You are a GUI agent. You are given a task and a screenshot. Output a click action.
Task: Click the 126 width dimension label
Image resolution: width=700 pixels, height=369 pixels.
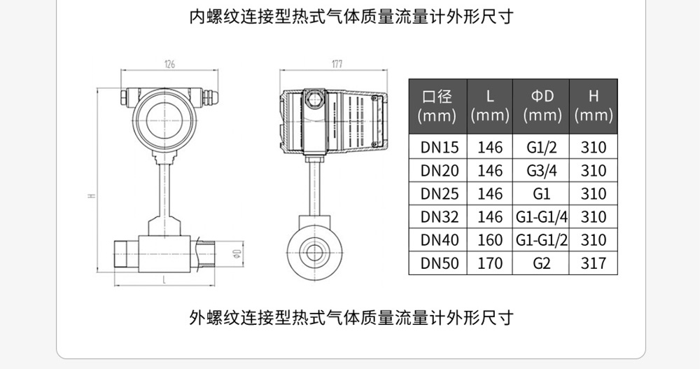pyautogui.click(x=169, y=64)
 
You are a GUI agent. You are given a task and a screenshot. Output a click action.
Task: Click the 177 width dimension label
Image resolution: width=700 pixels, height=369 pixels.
pyautogui.click(x=336, y=64)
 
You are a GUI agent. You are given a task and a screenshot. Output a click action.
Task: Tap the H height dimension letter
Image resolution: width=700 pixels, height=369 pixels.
pyautogui.click(x=90, y=195)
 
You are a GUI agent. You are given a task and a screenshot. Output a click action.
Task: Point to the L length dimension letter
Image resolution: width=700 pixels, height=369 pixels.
pyautogui.click(x=164, y=279)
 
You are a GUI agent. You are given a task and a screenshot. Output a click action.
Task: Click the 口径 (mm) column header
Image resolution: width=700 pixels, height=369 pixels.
pyautogui.click(x=436, y=106)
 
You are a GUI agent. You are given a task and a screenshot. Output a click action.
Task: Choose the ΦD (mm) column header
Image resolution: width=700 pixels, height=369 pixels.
pyautogui.click(x=542, y=106)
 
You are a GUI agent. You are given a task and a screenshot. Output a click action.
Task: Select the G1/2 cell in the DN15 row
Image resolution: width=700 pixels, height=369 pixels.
pyautogui.click(x=542, y=148)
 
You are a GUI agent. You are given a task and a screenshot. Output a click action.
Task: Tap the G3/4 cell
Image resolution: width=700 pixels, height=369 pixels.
pyautogui.click(x=542, y=171)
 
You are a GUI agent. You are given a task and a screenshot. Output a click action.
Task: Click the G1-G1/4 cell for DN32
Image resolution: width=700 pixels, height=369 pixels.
pyautogui.click(x=542, y=217)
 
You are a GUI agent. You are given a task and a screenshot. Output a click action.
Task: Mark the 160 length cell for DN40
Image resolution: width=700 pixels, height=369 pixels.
pyautogui.click(x=490, y=240)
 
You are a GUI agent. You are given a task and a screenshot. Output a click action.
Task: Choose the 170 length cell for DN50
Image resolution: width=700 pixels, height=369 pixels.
pyautogui.click(x=490, y=263)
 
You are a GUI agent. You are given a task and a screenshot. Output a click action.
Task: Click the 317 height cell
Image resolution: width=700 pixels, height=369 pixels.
pyautogui.click(x=594, y=263)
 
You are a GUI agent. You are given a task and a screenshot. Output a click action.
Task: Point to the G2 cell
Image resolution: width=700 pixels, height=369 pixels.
pyautogui.click(x=542, y=263)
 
